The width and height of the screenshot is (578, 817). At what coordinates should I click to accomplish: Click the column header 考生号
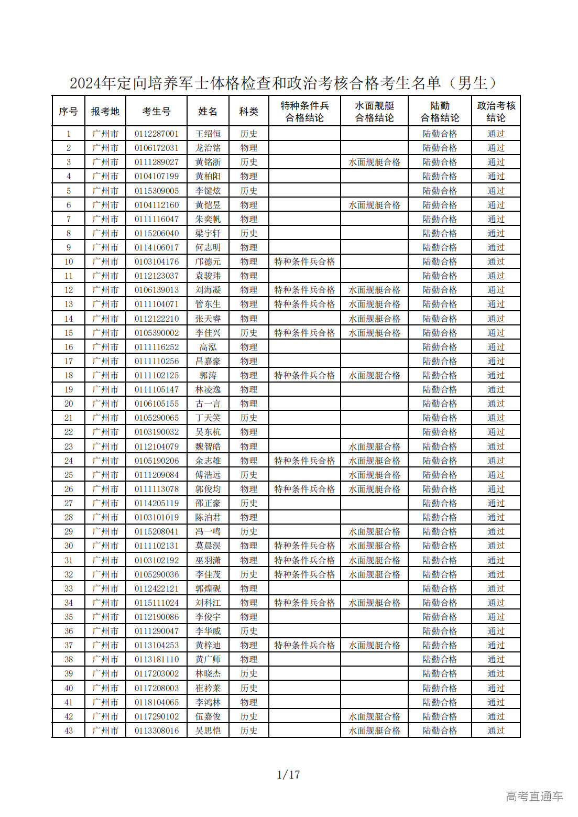156,111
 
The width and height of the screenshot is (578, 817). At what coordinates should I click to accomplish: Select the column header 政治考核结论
496,111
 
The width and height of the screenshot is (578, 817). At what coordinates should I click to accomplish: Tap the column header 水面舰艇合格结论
374,111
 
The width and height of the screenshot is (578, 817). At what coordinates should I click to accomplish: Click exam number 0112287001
156,134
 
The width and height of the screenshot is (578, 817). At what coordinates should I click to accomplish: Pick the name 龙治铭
208,148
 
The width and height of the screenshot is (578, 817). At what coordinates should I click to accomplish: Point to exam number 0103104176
156,262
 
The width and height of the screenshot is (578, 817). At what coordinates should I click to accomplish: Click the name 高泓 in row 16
208,347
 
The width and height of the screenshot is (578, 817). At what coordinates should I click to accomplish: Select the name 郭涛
208,375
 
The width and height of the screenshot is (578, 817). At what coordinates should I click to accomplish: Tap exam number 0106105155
156,404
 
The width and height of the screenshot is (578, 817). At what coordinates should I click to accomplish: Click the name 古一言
208,404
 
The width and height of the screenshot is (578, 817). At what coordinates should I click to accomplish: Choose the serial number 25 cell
69,475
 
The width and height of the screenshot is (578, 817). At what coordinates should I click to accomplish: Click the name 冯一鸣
208,531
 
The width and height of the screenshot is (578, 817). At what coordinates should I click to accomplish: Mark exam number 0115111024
156,603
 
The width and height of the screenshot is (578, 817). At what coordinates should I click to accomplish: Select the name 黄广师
208,659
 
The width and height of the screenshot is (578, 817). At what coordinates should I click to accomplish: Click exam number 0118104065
156,702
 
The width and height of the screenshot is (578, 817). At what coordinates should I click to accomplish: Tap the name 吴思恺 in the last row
208,731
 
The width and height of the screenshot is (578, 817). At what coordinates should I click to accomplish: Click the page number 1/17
288,774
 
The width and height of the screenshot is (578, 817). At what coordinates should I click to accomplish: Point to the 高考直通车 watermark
534,796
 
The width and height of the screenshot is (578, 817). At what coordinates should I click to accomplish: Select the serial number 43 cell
69,731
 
